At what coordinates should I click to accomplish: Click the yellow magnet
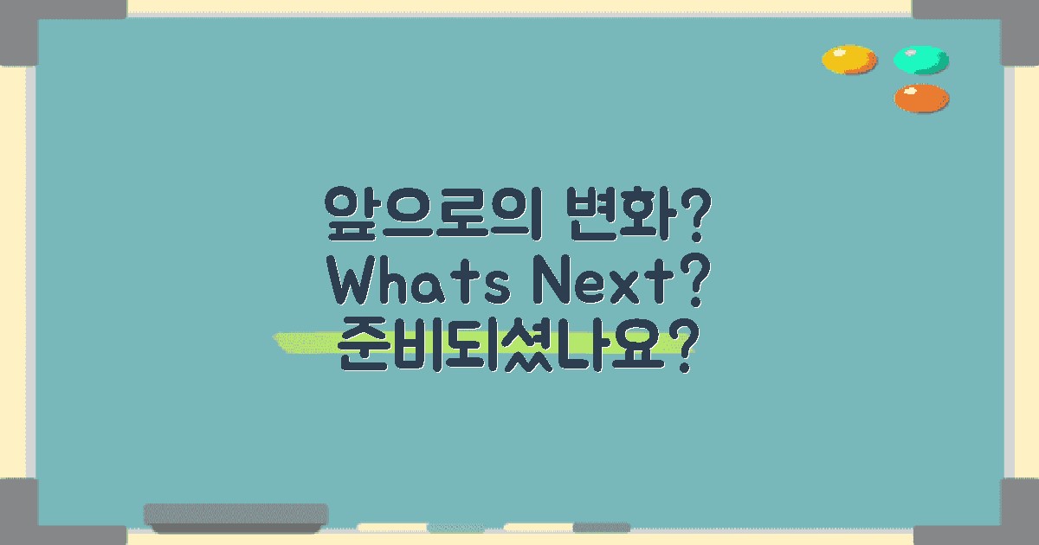[x=849, y=60]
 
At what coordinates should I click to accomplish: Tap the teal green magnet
[x=920, y=60]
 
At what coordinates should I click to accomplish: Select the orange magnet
[x=921, y=98]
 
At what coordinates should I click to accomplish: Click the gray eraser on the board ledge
[x=236, y=516]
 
